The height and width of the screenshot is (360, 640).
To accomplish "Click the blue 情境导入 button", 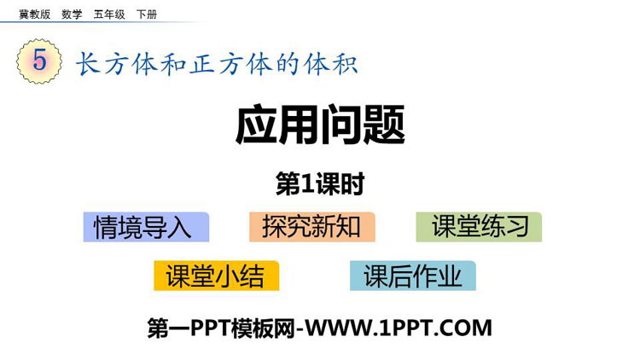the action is (x=146, y=227).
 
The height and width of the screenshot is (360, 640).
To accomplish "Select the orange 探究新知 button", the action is (x=312, y=227).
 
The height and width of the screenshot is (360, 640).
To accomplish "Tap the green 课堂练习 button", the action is (x=479, y=227).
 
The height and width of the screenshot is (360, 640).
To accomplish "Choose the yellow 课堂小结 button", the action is (x=217, y=276).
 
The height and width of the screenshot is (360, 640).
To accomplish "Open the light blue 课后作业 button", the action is (x=413, y=276).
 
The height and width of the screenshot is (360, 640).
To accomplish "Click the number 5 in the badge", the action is (x=39, y=61).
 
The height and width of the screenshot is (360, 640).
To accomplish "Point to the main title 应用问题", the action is (x=320, y=125).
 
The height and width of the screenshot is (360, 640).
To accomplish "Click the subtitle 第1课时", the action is (x=320, y=183).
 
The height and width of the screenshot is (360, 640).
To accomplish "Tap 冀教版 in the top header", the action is (x=35, y=15).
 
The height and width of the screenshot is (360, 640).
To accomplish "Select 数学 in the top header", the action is (x=72, y=15).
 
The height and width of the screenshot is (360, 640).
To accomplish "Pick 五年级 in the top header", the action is (x=109, y=15).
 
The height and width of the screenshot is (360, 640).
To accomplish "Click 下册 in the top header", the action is (x=147, y=15).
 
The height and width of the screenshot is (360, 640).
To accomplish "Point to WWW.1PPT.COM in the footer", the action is (x=399, y=328).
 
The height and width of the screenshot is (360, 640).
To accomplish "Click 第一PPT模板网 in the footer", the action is (x=221, y=328).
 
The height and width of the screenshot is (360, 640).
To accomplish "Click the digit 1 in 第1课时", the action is (x=307, y=184).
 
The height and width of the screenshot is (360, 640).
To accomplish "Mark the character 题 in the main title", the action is (x=384, y=125).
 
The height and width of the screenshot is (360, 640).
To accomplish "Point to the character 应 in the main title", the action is (x=256, y=125).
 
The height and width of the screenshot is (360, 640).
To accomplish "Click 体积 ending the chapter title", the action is (x=330, y=64).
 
